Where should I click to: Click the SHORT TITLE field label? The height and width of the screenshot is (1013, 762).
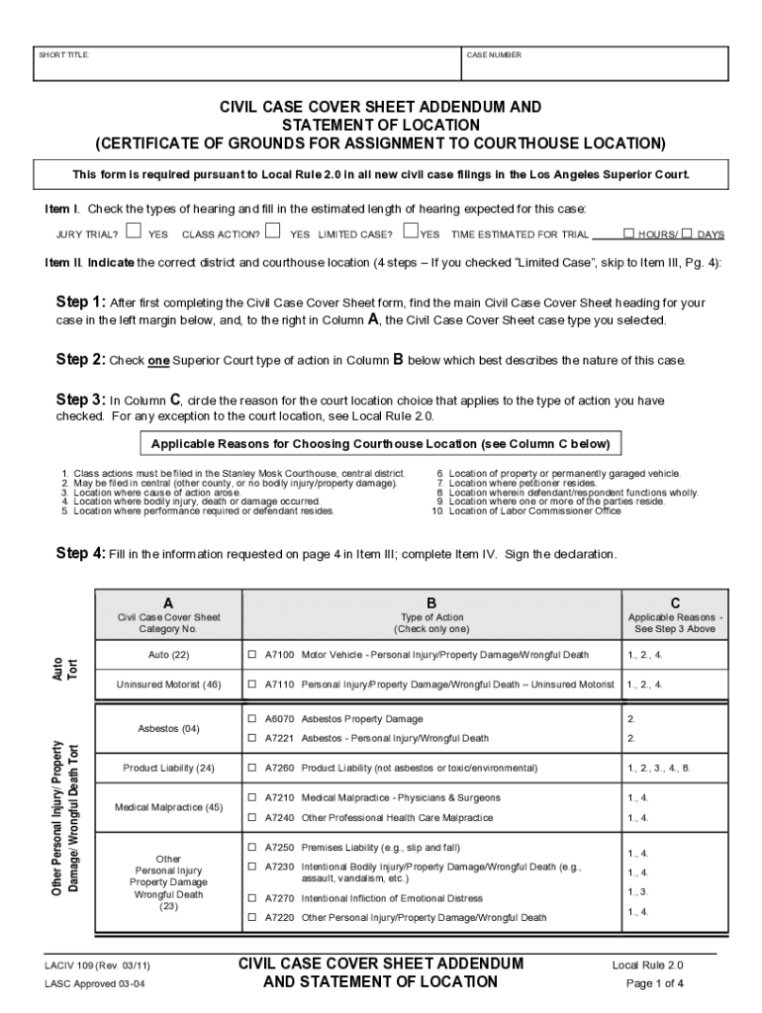(64, 55)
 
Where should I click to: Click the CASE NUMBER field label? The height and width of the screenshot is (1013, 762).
(494, 55)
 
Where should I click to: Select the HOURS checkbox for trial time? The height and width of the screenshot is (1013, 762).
(628, 233)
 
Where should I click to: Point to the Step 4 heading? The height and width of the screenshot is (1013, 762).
(78, 554)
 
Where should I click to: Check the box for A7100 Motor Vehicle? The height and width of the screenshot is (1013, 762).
(252, 655)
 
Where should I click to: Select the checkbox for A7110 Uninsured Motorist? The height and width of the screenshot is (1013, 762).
(252, 684)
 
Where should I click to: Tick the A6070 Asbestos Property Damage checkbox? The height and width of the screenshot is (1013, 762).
(252, 719)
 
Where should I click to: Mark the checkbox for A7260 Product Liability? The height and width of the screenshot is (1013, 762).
(252, 768)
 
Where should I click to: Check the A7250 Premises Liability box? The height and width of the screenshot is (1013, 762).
(252, 848)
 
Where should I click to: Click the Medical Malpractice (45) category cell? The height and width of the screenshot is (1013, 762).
(169, 807)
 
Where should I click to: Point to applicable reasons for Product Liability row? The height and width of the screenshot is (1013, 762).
(658, 768)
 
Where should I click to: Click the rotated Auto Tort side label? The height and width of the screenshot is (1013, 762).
(63, 669)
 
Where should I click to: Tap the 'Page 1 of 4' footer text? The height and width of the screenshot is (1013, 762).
(654, 983)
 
